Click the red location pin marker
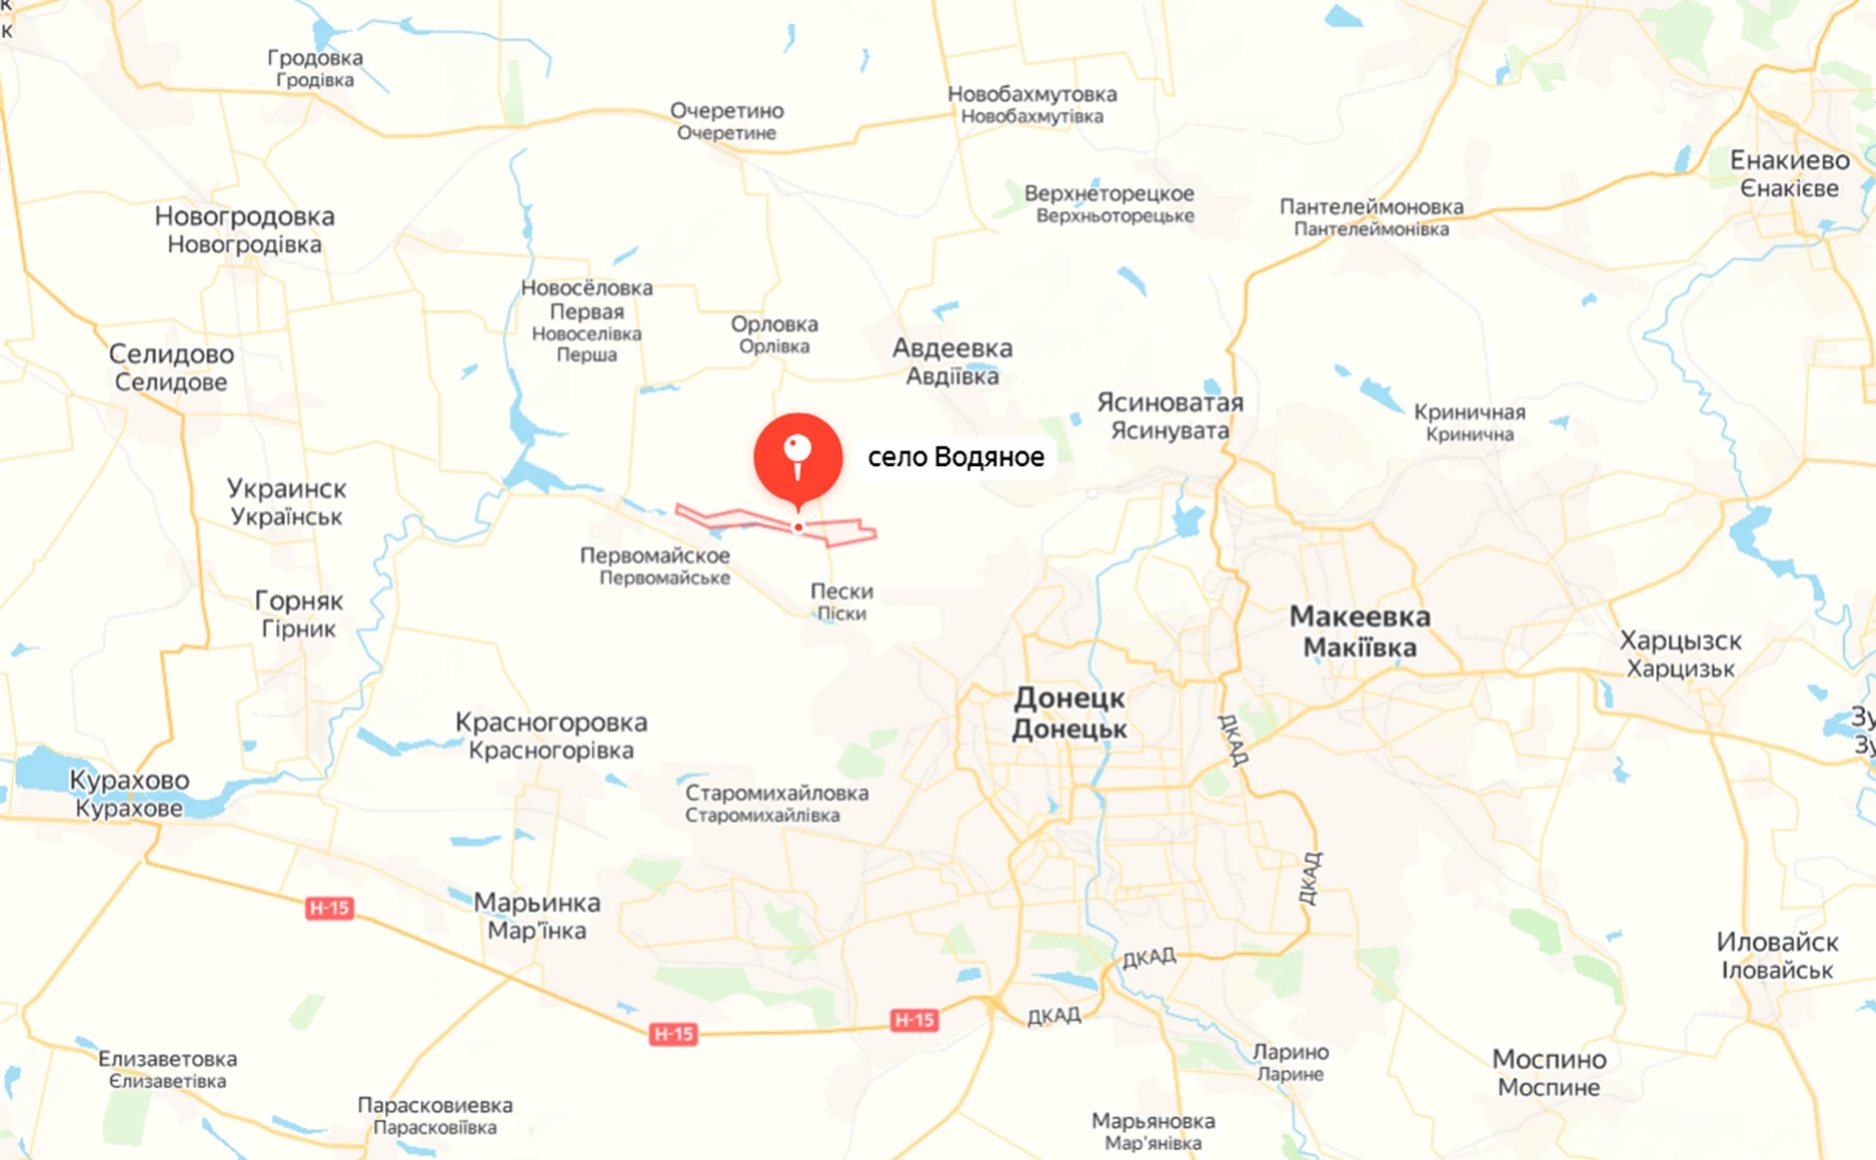pyautogui.click(x=797, y=457)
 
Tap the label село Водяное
pyautogui.click(x=955, y=456)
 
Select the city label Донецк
pyautogui.click(x=1069, y=712)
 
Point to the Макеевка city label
pyautogui.click(x=1359, y=630)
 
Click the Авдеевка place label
pyautogui.click(x=952, y=362)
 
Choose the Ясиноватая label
pyautogui.click(x=1170, y=415)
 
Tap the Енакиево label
pyautogui.click(x=1789, y=173)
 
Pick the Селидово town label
pyautogui.click(x=171, y=366)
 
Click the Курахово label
pyautogui.click(x=129, y=793)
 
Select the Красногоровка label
pyautogui.click(x=551, y=735)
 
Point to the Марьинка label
pyautogui.click(x=536, y=916)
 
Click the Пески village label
pyautogui.click(x=841, y=601)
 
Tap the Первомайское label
pyautogui.click(x=656, y=565)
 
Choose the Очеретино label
pyautogui.click(x=726, y=120)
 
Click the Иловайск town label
pyautogui.click(x=1776, y=955)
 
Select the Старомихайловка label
pyautogui.click(x=776, y=802)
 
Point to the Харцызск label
pyautogui.click(x=1681, y=654)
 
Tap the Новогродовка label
pyautogui.click(x=244, y=229)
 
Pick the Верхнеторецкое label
pyautogui.click(x=1109, y=202)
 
